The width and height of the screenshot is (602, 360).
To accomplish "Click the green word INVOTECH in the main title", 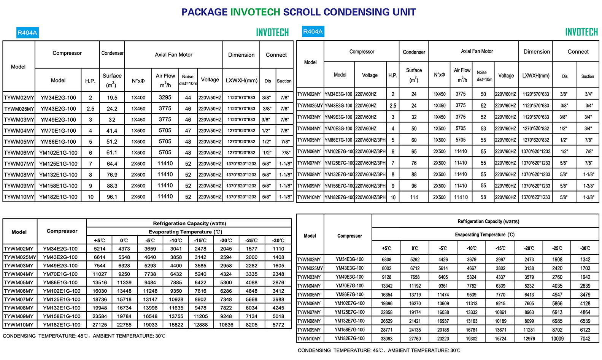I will coord(255,12).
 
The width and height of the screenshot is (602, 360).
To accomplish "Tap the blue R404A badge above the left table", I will coord(27,33).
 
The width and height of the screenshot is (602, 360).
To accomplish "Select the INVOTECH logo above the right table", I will coord(581,32).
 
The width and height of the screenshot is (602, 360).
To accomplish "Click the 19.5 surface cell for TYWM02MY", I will coord(112,98).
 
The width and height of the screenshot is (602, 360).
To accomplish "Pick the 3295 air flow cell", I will coord(165,97).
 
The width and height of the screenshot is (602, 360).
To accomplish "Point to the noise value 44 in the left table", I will coord(188,98).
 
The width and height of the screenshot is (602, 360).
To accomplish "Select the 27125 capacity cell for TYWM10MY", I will coord(100,325).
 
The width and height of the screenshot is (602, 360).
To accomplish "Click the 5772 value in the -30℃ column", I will coord(278,325).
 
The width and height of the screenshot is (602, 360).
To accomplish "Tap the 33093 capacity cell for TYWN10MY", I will coord(386,339).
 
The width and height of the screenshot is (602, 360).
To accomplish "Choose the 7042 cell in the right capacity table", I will coord(585,339).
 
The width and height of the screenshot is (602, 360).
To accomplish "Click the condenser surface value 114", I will coord(414,197).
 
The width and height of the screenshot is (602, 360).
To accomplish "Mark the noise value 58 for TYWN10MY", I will coord(483,197).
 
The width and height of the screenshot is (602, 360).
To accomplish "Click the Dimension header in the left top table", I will coord(241,55).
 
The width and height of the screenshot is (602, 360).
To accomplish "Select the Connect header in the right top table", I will coord(578,52).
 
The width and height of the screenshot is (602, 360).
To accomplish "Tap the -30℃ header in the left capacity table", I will coord(278,240).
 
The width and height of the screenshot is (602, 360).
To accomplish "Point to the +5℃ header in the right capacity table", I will coord(386,248).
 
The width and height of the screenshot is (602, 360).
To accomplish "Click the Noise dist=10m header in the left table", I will coord(188,80).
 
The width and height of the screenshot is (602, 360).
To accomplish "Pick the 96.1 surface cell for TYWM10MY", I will coord(112,197).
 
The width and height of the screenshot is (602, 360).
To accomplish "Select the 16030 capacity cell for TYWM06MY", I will coord(100,291).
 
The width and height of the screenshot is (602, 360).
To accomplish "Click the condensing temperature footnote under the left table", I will coord(84,336).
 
